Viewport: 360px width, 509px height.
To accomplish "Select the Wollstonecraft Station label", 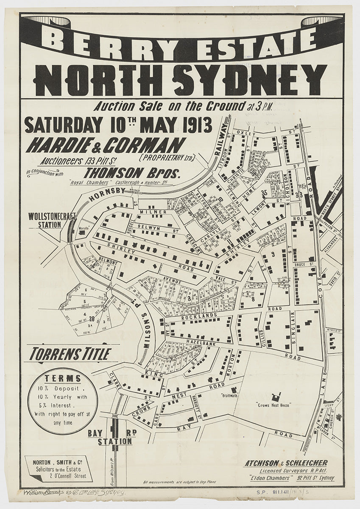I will (52, 220).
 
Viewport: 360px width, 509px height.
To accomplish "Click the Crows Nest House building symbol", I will (277, 397).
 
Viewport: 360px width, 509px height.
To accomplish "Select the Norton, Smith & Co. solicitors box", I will (58, 468).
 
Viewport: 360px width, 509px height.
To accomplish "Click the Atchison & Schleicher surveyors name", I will (285, 463).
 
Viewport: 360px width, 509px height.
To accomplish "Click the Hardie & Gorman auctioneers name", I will (106, 145).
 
